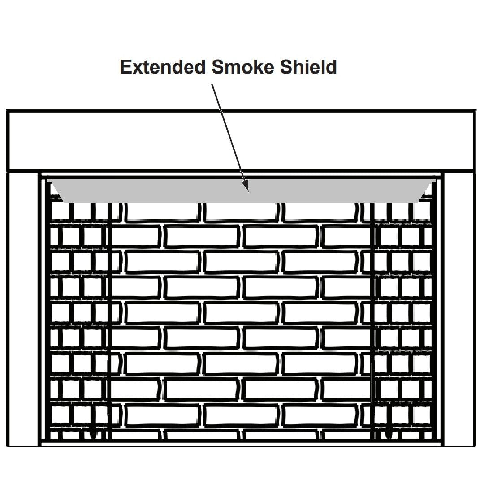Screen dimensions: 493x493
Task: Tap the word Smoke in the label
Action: tap(242, 67)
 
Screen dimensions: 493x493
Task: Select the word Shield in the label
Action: tap(308, 67)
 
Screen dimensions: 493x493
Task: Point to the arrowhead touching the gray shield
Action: tap(246, 187)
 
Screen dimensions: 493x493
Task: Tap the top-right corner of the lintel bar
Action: tap(474, 112)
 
